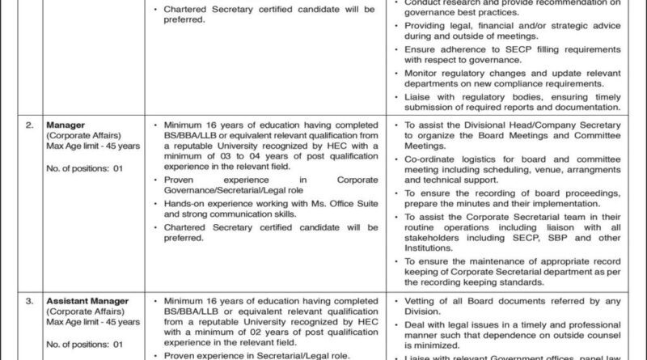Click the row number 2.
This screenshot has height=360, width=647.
(x=29, y=125)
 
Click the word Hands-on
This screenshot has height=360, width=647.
(x=186, y=204)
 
